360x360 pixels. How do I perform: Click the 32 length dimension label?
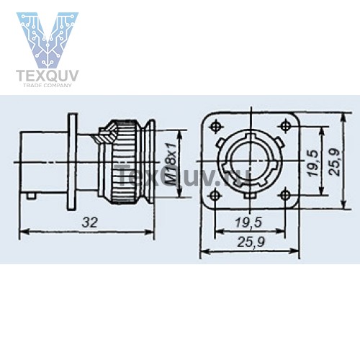click(x=90, y=222)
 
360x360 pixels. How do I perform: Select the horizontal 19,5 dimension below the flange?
click(x=248, y=222)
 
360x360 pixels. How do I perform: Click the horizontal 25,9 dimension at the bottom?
click(x=251, y=242)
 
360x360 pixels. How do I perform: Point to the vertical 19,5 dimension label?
click(x=314, y=163)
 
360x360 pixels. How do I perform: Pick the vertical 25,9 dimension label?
click(x=334, y=162)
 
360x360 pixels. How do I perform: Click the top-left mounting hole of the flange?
click(x=215, y=126)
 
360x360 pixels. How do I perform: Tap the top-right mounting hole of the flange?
click(x=286, y=125)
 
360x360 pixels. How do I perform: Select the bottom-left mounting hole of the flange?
click(x=215, y=195)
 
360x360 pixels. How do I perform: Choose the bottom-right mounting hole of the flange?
click(x=285, y=195)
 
